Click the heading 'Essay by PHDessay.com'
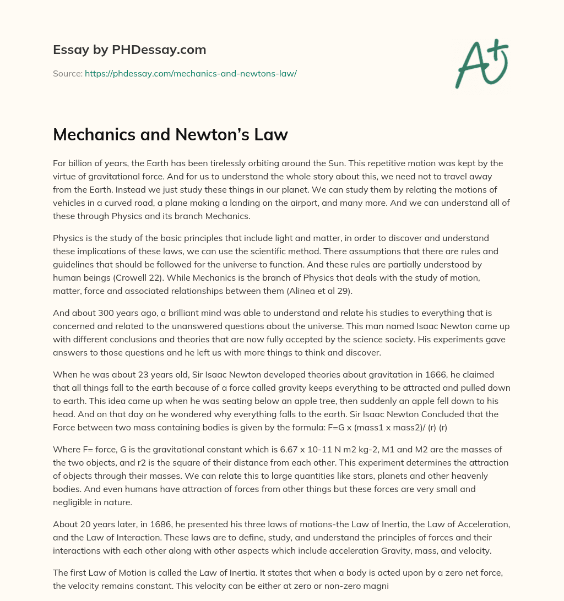click(x=129, y=50)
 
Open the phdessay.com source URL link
click(x=191, y=73)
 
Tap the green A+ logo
click(x=481, y=64)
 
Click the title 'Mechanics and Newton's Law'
click(x=170, y=135)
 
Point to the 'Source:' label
click(x=67, y=73)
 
